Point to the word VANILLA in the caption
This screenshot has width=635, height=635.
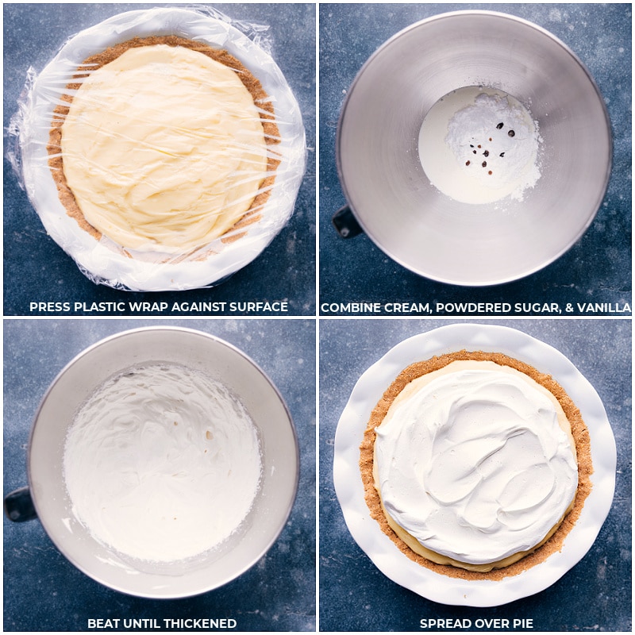(602, 308)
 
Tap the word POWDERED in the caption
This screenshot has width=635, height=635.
(460, 308)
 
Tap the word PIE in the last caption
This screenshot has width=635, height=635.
(521, 623)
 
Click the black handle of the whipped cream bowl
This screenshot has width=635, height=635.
(18, 504)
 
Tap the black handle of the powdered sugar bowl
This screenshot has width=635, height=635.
(346, 222)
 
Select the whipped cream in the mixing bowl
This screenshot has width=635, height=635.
(163, 460)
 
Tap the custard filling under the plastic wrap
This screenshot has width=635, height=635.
(163, 147)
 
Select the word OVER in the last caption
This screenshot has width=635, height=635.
(489, 623)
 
